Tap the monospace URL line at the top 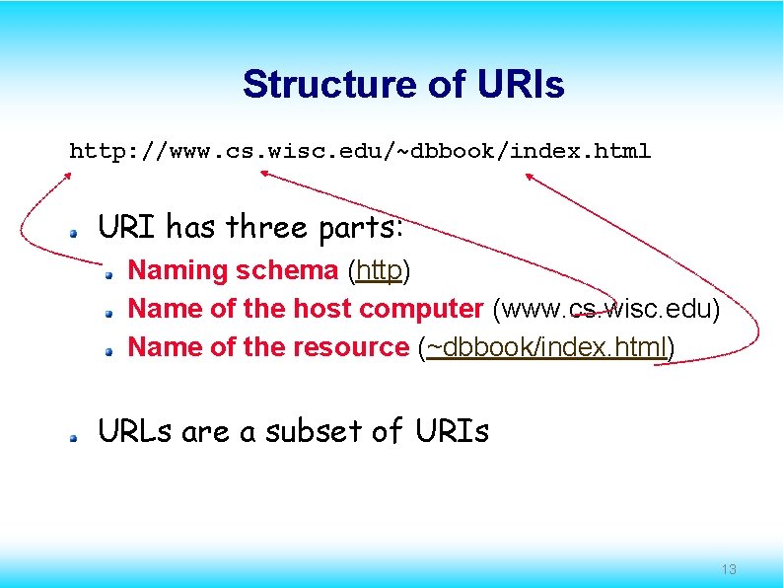pyautogui.click(x=359, y=152)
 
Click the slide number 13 pyautogui.click(x=729, y=569)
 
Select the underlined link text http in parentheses pyautogui.click(x=380, y=270)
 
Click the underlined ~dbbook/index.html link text pyautogui.click(x=546, y=347)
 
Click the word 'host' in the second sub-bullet pyautogui.click(x=321, y=309)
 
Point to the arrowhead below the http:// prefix pyautogui.click(x=68, y=176)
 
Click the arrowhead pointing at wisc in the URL pyautogui.click(x=264, y=173)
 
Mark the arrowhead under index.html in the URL pyautogui.click(x=528, y=176)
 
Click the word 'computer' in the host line pyautogui.click(x=421, y=309)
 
